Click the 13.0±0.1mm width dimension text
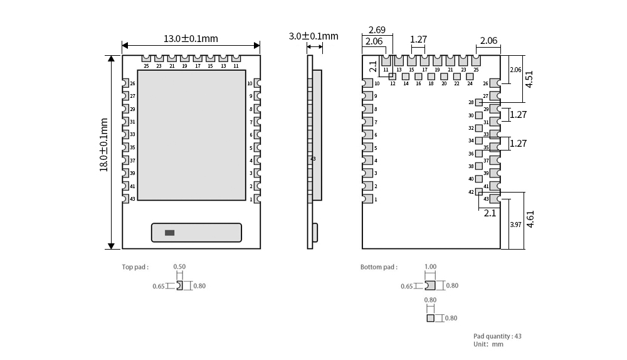191,38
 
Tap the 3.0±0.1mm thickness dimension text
313,36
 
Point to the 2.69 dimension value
377,29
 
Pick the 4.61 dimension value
530,220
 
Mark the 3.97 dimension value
515,225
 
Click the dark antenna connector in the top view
169,233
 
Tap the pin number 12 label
393,83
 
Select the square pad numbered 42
479,192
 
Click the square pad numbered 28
479,102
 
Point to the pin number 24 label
470,83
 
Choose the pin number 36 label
471,154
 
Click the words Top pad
135,267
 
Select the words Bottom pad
379,267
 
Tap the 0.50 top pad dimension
179,267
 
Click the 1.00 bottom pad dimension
430,267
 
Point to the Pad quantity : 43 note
497,336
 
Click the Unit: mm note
488,344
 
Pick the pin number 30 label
471,115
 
